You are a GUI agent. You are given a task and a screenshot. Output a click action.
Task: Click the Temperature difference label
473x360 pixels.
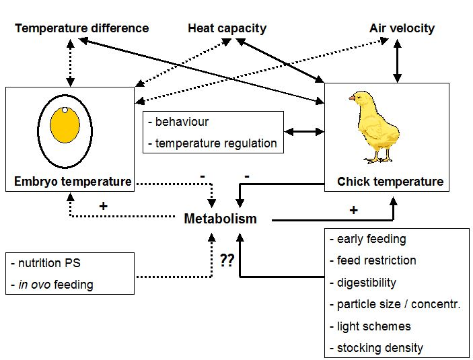(x=81, y=28)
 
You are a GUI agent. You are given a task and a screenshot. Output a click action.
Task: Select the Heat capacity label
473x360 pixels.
(x=227, y=28)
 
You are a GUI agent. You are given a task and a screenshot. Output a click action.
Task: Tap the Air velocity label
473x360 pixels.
(x=402, y=28)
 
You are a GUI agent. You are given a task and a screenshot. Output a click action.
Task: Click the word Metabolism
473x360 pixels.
(x=220, y=219)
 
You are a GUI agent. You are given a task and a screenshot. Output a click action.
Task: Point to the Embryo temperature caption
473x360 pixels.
(x=73, y=182)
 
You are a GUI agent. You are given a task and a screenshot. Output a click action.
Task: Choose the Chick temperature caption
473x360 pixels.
(x=390, y=182)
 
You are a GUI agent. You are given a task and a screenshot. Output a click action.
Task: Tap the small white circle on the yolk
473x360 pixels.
(x=65, y=110)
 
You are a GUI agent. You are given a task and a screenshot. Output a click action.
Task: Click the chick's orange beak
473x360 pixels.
(x=352, y=98)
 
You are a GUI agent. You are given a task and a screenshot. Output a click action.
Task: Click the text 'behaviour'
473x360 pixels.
(x=181, y=122)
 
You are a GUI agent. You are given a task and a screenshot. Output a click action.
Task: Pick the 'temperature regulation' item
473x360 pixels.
(x=215, y=143)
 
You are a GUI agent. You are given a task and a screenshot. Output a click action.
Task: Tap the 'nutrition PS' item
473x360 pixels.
(x=50, y=262)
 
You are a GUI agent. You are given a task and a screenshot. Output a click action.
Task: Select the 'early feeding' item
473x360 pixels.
(x=371, y=239)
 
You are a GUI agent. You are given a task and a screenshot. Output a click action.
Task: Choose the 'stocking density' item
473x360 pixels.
(x=379, y=348)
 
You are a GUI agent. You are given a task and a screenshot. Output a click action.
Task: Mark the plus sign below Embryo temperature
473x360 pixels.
(x=103, y=206)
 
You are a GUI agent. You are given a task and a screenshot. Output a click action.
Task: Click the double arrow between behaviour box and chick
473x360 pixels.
(x=305, y=132)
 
